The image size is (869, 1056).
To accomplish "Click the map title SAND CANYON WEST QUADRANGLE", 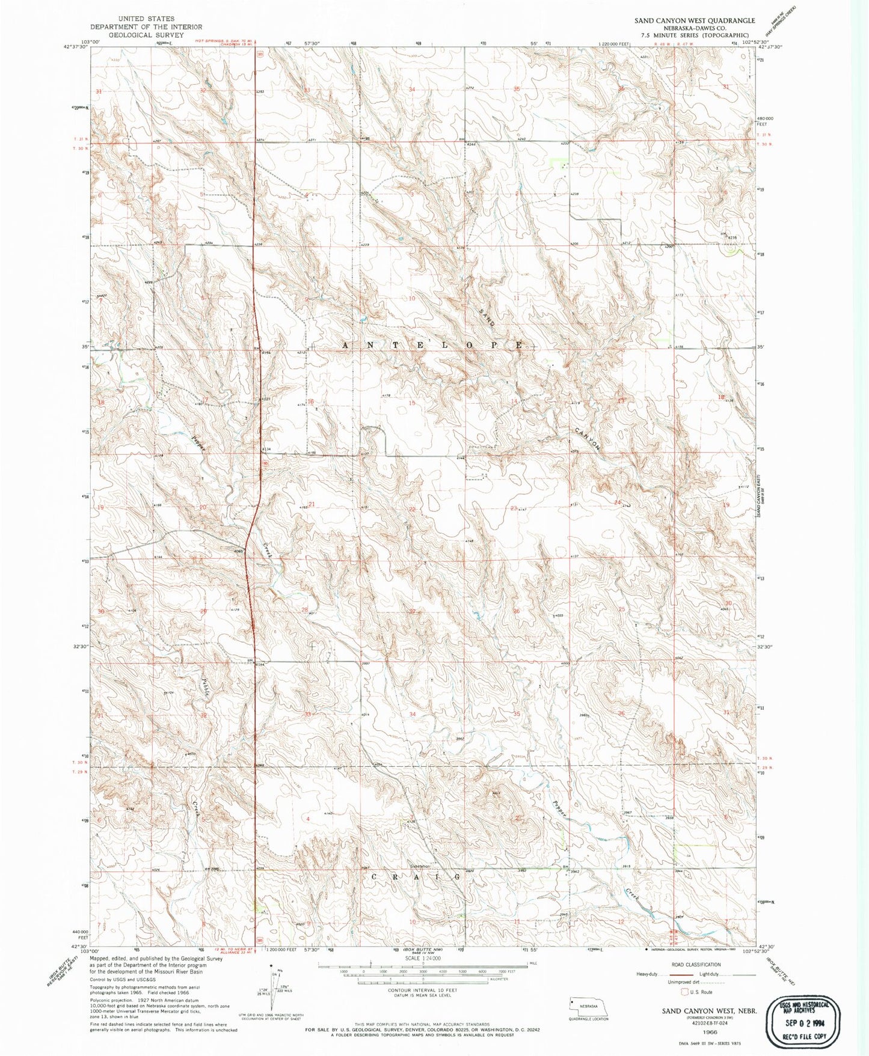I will pos(695,20).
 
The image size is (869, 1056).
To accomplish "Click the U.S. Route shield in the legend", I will pos(683,992).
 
